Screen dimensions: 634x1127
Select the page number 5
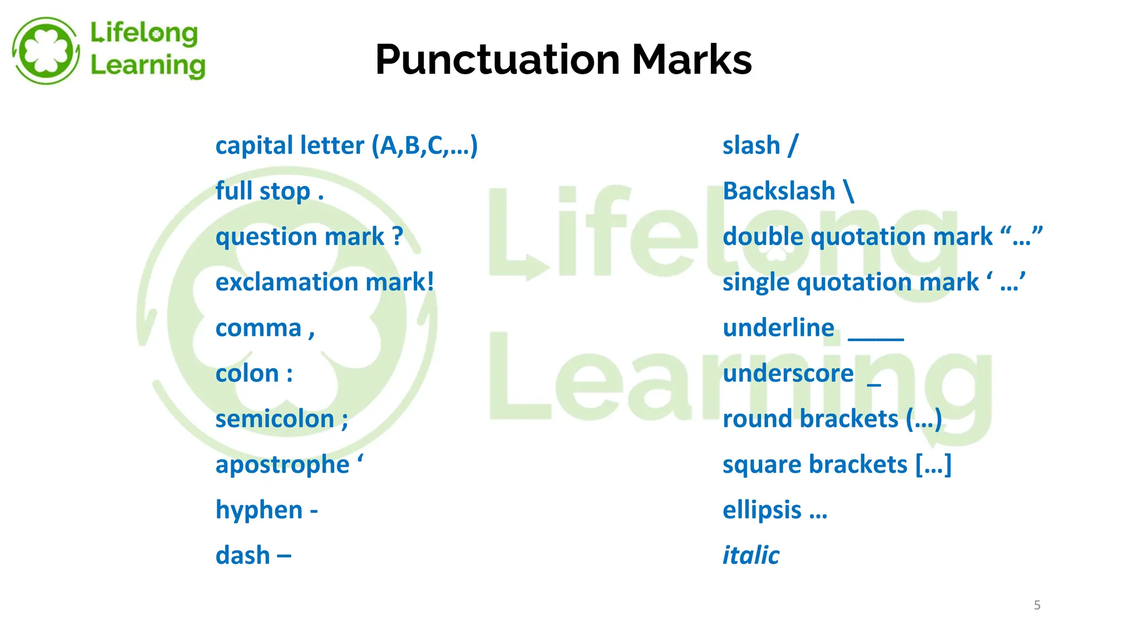pyautogui.click(x=1037, y=605)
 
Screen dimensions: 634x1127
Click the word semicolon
pyautogui.click(x=275, y=419)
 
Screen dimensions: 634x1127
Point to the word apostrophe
pyautogui.click(x=282, y=465)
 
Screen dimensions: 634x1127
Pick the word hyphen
pyautogui.click(x=259, y=510)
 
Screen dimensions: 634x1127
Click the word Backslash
pyautogui.click(x=779, y=192)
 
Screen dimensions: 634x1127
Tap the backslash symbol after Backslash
pyautogui.click(x=849, y=192)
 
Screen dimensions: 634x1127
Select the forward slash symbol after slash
pyautogui.click(x=792, y=146)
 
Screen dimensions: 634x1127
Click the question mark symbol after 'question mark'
pyautogui.click(x=397, y=237)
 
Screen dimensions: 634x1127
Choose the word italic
pyautogui.click(x=751, y=555)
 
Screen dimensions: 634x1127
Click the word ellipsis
pyautogui.click(x=762, y=510)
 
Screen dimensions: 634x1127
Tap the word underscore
pyautogui.click(x=788, y=374)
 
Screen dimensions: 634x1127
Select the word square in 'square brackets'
pyautogui.click(x=752, y=465)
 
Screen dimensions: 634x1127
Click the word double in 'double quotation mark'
pyautogui.click(x=762, y=237)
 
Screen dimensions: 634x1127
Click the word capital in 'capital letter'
pyautogui.click(x=250, y=146)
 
